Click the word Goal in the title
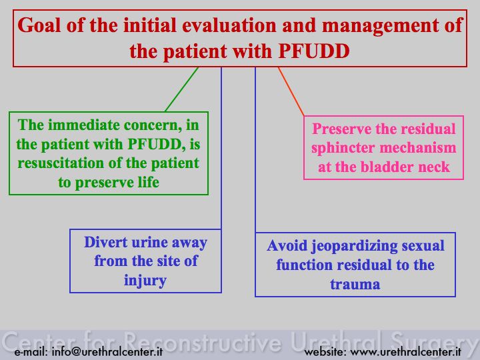point(39,25)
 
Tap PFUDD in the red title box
point(314,51)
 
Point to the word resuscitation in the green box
point(60,163)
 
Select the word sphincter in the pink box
point(343,148)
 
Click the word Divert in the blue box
point(105,242)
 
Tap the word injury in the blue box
point(145,281)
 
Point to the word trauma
point(355,284)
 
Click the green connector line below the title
point(182,89)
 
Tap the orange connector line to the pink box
point(291,91)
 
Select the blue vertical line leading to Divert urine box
point(221,148)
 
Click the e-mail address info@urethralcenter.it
point(107,351)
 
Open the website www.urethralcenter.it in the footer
point(405,351)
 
